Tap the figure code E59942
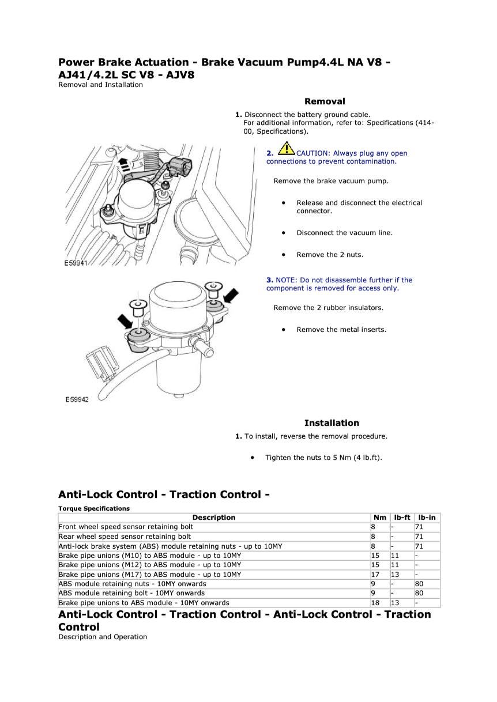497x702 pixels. (77, 399)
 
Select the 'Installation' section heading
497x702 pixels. (332, 423)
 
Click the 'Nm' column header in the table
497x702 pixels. (380, 518)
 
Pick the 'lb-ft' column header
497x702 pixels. (402, 518)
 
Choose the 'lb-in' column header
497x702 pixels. (427, 518)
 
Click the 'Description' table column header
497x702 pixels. (214, 518)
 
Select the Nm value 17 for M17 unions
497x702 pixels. (375, 575)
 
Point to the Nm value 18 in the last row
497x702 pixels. (375, 603)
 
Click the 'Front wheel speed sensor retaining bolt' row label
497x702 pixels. (126, 527)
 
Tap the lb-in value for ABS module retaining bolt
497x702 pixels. (419, 593)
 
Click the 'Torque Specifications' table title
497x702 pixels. (94, 508)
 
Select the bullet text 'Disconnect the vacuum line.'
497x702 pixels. (344, 233)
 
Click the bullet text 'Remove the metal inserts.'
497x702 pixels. (341, 330)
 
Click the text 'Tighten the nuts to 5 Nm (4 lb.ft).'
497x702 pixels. (323, 458)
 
